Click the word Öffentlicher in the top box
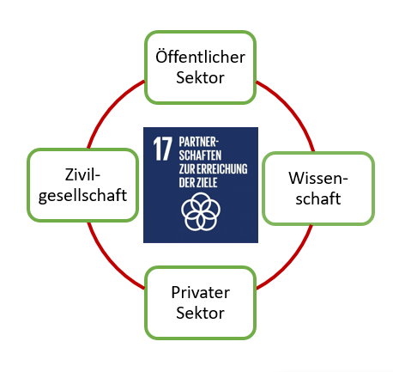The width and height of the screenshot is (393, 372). point(200,57)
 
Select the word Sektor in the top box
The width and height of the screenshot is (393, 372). point(200,77)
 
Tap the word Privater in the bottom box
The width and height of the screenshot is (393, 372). point(200,292)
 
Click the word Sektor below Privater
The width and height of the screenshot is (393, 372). point(200,313)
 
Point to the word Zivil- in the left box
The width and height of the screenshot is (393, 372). point(82,174)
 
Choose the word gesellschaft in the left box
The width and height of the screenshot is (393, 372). point(82,196)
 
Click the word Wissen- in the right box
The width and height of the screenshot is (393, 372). point(318,178)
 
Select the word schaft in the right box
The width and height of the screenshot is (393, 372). point(318,198)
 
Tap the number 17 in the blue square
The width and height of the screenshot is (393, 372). point(162,149)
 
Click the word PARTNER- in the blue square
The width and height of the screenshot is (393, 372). point(199,142)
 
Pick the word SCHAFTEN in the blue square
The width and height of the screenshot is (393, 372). point(200,156)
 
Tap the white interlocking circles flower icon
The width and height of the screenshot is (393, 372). point(201,211)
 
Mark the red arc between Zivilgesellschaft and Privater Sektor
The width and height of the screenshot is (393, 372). point(112,259)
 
